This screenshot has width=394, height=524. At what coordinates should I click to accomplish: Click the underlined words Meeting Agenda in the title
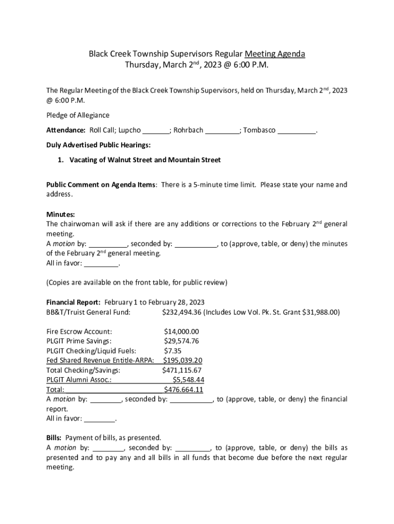tap(275, 54)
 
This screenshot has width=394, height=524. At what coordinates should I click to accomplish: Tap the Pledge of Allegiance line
tap(78, 115)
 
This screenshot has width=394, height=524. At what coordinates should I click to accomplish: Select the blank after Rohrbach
tap(222, 130)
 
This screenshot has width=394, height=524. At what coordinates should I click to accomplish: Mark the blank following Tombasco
tap(297, 130)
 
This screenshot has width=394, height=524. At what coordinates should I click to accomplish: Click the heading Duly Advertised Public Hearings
tap(98, 145)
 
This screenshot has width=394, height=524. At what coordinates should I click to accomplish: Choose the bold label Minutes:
tap(60, 214)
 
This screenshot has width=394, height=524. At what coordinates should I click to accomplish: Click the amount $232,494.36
tap(183, 312)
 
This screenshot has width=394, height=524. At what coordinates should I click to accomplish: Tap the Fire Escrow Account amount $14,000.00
tap(181, 331)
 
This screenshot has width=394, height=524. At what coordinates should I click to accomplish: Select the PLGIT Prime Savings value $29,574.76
tap(181, 341)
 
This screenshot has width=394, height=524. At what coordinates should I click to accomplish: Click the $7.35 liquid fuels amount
tap(172, 351)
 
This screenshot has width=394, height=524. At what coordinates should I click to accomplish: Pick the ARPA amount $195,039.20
tap(183, 360)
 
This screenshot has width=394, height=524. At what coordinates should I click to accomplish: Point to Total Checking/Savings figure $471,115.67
tap(182, 370)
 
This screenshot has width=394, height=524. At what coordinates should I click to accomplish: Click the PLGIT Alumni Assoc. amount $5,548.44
tap(188, 380)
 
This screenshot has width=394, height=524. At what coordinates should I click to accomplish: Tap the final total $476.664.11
tap(183, 389)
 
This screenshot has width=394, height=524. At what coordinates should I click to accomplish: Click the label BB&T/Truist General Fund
tap(88, 312)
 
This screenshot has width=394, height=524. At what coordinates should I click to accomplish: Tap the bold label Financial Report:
tap(73, 302)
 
